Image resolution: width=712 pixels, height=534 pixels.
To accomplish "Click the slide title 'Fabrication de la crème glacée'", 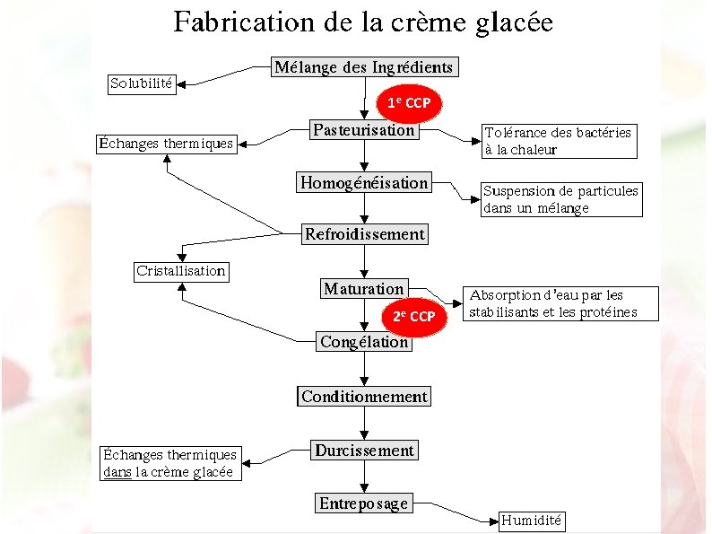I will click(362, 22).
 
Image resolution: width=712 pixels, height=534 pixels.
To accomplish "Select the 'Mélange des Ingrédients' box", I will click(364, 67).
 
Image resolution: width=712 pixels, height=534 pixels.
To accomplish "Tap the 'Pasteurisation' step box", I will click(364, 130).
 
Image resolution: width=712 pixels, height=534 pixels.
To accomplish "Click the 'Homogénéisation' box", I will click(364, 183).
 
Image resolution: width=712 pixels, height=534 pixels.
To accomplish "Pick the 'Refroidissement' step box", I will click(364, 235).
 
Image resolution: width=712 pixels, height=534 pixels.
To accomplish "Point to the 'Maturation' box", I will click(364, 289).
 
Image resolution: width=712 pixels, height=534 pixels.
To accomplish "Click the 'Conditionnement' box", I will click(364, 397).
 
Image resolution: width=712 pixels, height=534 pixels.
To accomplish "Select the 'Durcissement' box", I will click(364, 451).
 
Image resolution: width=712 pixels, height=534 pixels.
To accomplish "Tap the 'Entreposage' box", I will click(364, 503).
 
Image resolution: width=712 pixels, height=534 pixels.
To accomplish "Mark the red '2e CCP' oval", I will click(413, 317).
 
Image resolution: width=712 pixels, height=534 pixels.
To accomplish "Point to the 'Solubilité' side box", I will click(142, 83).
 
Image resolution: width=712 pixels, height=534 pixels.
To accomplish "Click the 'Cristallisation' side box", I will click(180, 271).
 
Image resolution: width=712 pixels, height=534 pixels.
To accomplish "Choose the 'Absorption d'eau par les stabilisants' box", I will click(560, 303).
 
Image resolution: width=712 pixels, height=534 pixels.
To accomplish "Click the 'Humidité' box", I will click(532, 521).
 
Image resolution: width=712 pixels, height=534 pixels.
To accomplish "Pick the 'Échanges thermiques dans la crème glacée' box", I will click(169, 464).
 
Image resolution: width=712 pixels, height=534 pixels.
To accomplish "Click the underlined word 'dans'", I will click(117, 472).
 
